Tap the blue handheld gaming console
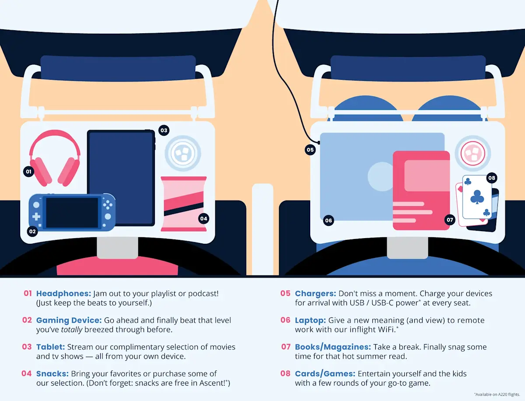[72, 212]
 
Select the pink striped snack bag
[184, 204]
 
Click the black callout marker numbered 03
[164, 130]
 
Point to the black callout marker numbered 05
[310, 150]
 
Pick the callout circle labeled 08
[492, 178]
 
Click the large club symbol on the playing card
[477, 197]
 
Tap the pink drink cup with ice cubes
[473, 153]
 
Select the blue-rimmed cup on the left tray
[183, 153]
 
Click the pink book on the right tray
[421, 190]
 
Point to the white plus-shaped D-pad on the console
[36, 217]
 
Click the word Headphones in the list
[63, 294]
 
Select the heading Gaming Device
[69, 320]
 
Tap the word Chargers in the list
[315, 294]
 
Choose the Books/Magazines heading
[333, 347]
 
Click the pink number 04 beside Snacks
[27, 373]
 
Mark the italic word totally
[72, 330]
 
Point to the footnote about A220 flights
[497, 394]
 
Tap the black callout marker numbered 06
[329, 220]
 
